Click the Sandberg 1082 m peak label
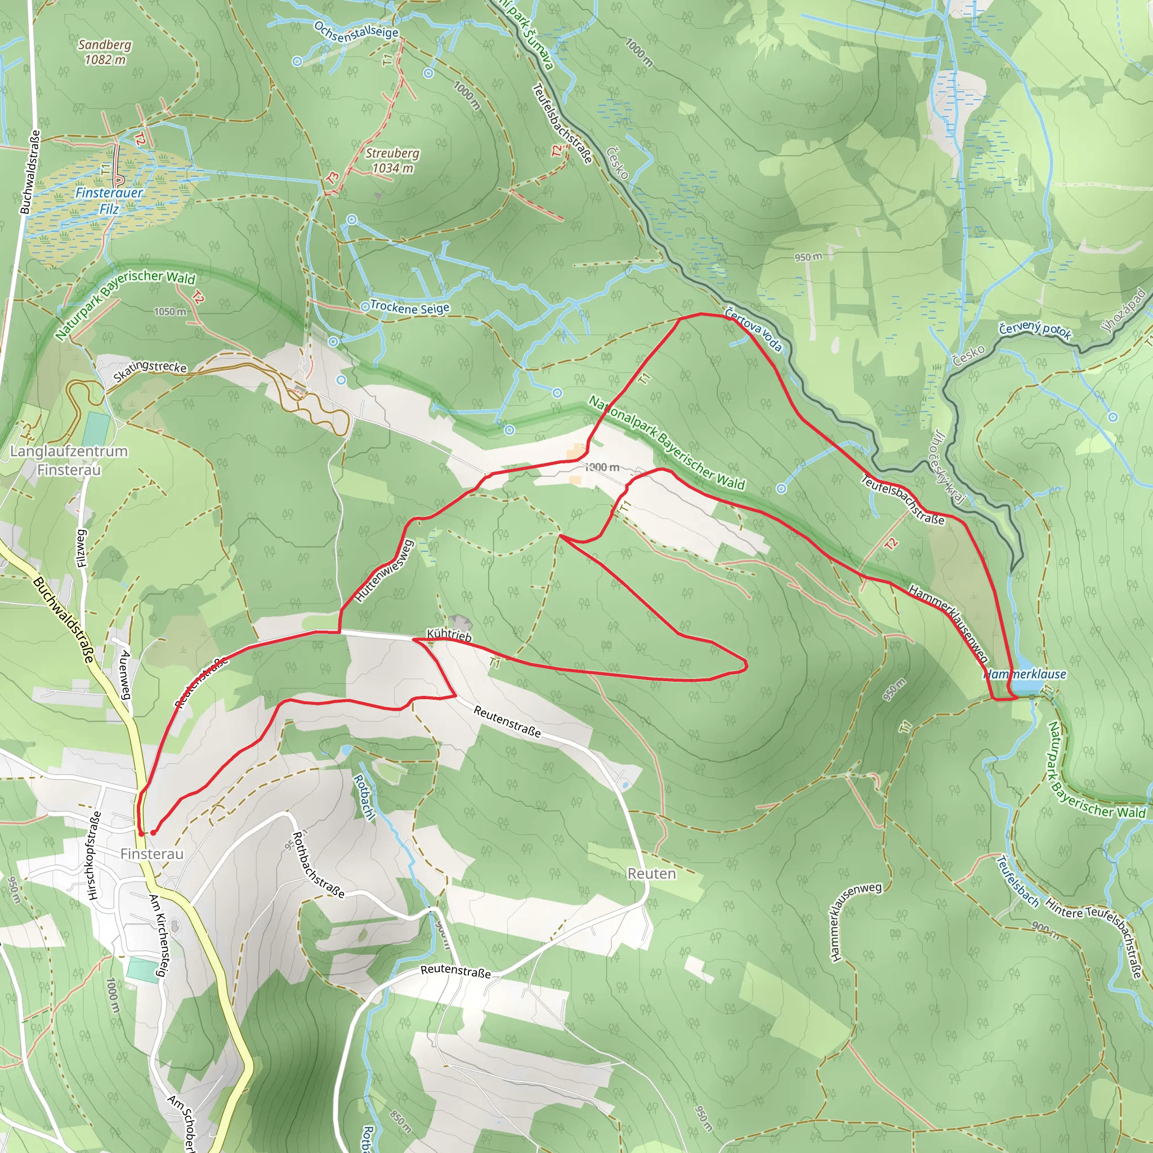click(105, 52)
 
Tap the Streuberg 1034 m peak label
click(392, 160)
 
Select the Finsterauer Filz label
click(109, 200)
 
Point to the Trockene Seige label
click(409, 307)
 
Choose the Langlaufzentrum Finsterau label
click(69, 460)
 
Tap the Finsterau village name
click(151, 854)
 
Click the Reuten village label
click(652, 874)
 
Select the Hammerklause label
click(1025, 674)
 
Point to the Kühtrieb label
click(449, 635)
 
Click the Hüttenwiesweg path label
click(385, 570)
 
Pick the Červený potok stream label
click(1035, 330)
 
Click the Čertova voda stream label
click(753, 329)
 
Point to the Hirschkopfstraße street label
click(94, 855)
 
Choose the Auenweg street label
click(126, 674)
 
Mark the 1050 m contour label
click(170, 311)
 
